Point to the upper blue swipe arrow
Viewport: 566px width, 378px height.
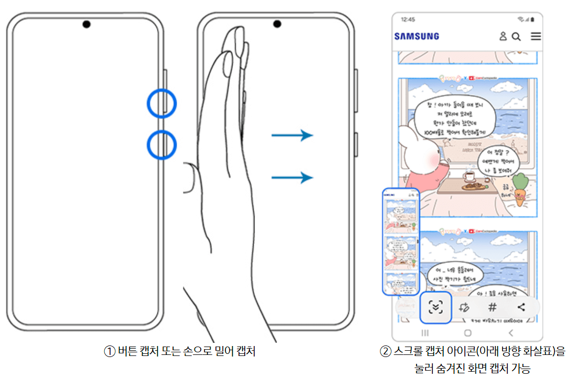coord(292,136)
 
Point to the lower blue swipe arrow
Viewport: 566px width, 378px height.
coord(292,178)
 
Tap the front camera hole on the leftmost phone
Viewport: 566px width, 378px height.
coord(86,24)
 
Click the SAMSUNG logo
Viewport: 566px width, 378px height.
coord(417,36)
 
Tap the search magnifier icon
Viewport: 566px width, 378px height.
coord(516,36)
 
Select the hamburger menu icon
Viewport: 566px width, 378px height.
coord(536,36)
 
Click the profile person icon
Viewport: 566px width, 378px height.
coord(503,36)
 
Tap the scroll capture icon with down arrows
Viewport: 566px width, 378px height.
coord(436,308)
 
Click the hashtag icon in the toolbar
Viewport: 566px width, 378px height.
coord(492,308)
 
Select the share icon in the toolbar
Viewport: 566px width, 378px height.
coord(521,308)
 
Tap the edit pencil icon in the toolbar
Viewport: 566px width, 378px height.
coord(463,308)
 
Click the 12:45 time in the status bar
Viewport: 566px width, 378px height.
coord(408,19)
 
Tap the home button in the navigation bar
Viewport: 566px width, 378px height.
coord(467,332)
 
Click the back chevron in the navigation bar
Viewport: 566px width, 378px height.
coord(510,332)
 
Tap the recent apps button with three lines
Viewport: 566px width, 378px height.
coord(425,332)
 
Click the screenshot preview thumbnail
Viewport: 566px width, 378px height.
coord(401,242)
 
